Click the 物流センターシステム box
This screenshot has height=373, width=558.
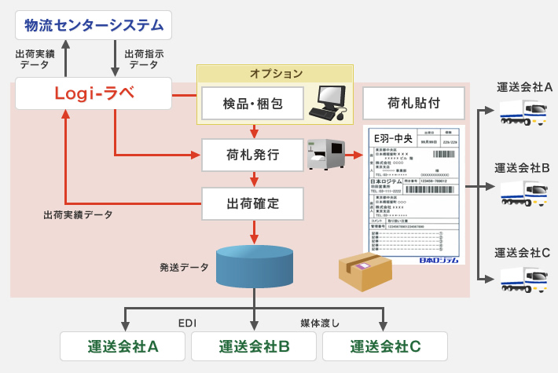94,26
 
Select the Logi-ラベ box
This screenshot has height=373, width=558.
94,94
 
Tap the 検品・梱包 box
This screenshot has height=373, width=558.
251,102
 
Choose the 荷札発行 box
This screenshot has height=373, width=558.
251,153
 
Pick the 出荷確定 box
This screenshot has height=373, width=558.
251,204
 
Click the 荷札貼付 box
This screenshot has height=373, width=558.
413,102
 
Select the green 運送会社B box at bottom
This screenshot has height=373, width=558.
254,346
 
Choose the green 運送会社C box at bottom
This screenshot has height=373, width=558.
385,346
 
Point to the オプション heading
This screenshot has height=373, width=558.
276,74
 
